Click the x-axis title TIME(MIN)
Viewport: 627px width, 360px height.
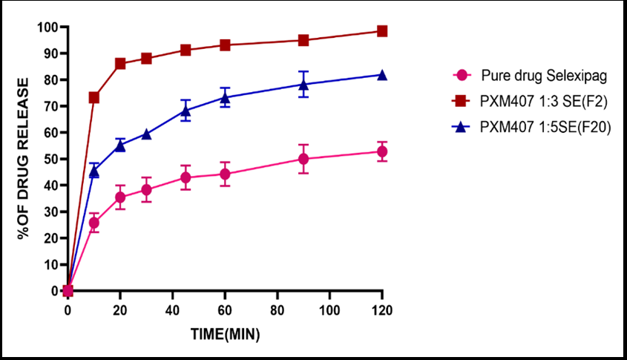[225, 334]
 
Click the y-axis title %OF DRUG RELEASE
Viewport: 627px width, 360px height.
[25, 158]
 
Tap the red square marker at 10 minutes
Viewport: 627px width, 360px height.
[94, 97]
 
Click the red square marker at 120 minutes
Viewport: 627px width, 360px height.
[382, 31]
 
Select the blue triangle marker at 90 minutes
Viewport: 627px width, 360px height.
[303, 85]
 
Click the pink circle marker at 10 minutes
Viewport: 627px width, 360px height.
[94, 222]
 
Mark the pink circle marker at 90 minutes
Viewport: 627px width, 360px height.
[303, 159]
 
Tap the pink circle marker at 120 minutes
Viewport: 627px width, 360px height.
[382, 151]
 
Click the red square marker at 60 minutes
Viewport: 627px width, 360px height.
[225, 45]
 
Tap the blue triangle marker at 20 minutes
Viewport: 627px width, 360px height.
[120, 145]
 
